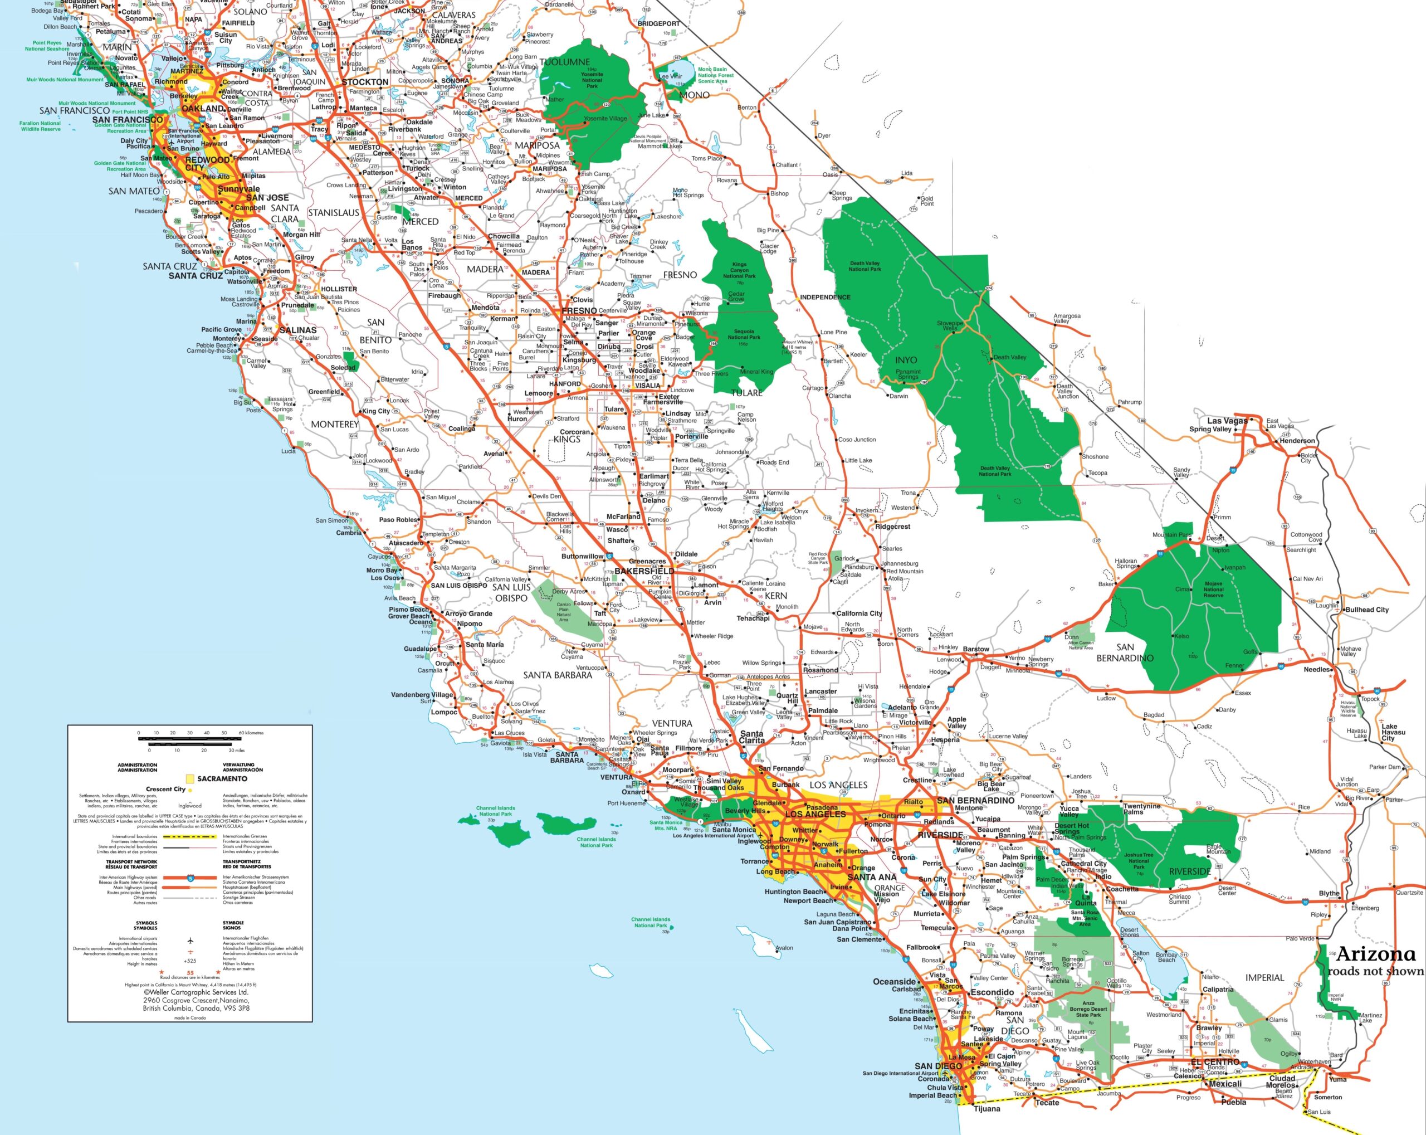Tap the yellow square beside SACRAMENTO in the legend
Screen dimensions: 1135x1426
191,779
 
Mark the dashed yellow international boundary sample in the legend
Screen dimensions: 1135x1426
191,837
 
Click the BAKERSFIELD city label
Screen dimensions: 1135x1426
644,571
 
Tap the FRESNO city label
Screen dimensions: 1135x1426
579,310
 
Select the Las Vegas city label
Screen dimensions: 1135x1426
1227,421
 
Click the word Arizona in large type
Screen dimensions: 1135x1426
1376,954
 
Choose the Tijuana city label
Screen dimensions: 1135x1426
987,1109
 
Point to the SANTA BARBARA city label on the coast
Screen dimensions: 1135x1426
567,757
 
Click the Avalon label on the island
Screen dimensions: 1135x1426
784,948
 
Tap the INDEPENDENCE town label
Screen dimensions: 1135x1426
825,297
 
